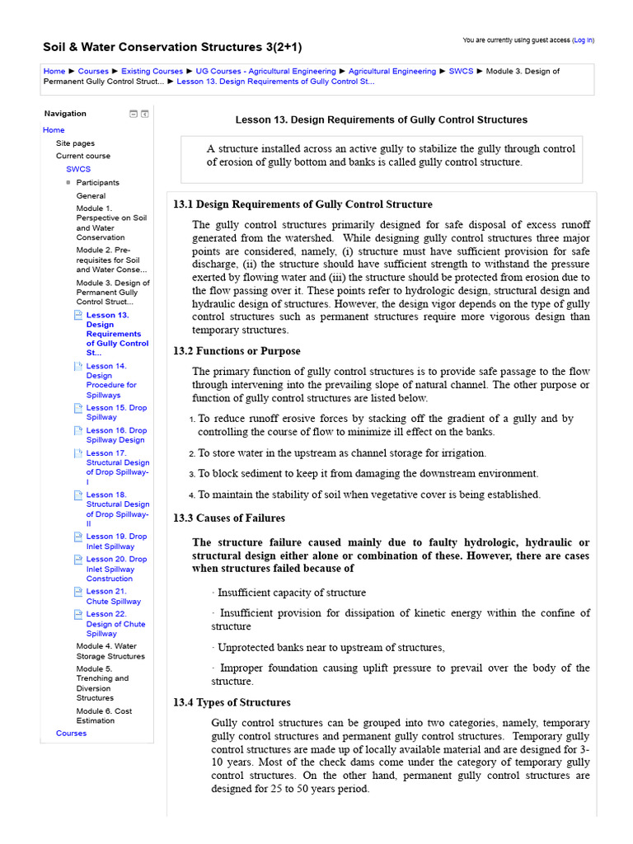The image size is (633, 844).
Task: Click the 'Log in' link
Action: coord(584,40)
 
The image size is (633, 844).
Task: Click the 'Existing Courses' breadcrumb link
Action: coord(152,72)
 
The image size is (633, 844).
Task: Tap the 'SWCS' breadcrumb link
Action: coord(461,72)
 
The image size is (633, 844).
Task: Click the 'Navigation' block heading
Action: coord(65,114)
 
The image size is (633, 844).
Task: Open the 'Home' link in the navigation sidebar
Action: coord(54,130)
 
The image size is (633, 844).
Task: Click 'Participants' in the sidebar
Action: coord(97,182)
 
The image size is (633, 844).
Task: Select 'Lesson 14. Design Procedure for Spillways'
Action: coord(111,380)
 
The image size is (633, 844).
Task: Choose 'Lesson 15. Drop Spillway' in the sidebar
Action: coord(116,412)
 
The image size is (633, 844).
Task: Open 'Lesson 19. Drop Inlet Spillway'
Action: coord(116,541)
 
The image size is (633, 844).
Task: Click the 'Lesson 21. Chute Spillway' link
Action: coord(114,596)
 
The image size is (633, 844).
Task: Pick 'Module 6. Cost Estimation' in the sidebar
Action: coord(104,715)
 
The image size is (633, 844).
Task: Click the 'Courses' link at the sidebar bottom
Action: coord(71,733)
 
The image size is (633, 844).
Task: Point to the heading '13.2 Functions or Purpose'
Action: coord(237,351)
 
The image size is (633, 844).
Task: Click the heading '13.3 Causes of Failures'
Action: coord(228,518)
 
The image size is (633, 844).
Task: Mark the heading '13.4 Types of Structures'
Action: coord(232,703)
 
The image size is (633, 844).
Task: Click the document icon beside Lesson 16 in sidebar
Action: coord(78,430)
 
